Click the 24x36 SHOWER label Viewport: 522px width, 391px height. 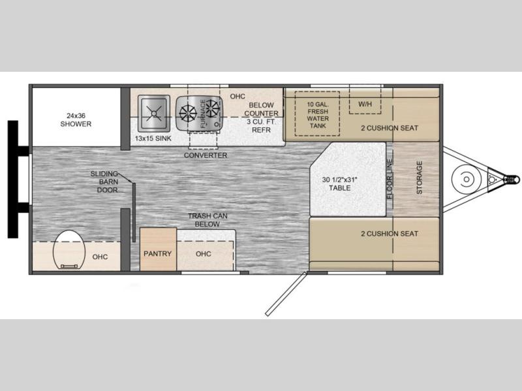pyautogui.click(x=76, y=120)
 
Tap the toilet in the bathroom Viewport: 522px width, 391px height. pyautogui.click(x=69, y=249)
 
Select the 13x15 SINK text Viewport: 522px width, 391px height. pyautogui.click(x=153, y=138)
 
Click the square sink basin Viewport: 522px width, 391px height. pyautogui.click(x=154, y=113)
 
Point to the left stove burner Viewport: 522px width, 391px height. pyautogui.click(x=188, y=113)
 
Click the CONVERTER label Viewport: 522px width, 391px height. pyautogui.click(x=206, y=155)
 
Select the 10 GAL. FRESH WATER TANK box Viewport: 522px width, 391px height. pyautogui.click(x=317, y=114)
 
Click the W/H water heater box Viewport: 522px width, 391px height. pyautogui.click(x=365, y=100)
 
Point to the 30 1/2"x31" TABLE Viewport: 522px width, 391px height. pyautogui.click(x=348, y=179)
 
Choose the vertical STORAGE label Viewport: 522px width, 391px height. pyautogui.click(x=420, y=178)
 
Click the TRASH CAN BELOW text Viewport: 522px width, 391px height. pyautogui.click(x=207, y=220)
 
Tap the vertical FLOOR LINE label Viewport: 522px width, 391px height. pyautogui.click(x=390, y=179)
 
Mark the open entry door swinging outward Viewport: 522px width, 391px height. pyautogui.click(x=286, y=294)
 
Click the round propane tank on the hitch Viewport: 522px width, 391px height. pyautogui.click(x=467, y=179)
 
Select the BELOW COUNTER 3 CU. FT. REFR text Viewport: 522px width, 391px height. pyautogui.click(x=262, y=117)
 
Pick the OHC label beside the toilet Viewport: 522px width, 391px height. pyautogui.click(x=100, y=257)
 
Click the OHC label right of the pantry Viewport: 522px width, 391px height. pyautogui.click(x=204, y=254)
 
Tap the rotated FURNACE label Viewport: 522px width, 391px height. pyautogui.click(x=203, y=114)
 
